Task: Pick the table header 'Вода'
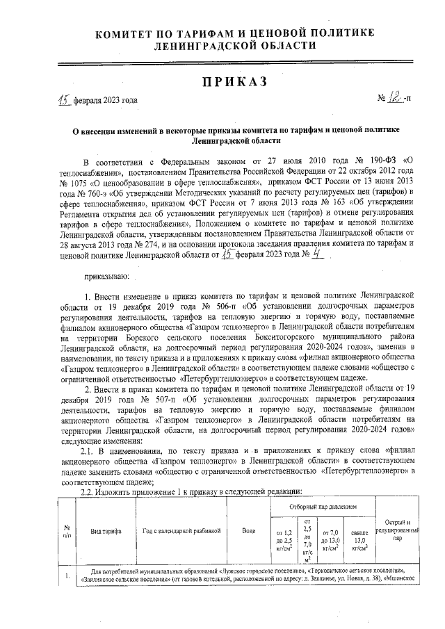(x=248, y=531)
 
